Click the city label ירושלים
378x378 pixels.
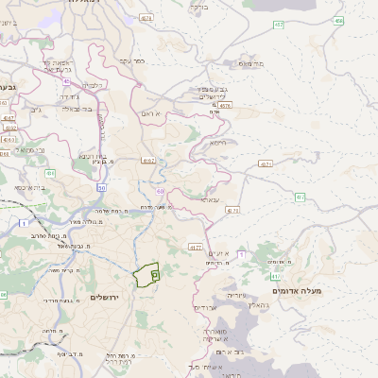(x=107, y=297)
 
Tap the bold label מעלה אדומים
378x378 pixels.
(x=297, y=290)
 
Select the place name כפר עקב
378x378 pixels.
(x=131, y=60)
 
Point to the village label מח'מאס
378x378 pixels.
(x=250, y=64)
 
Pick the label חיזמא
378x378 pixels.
(x=217, y=143)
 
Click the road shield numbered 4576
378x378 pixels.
(x=224, y=106)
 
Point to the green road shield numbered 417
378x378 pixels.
(x=195, y=247)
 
